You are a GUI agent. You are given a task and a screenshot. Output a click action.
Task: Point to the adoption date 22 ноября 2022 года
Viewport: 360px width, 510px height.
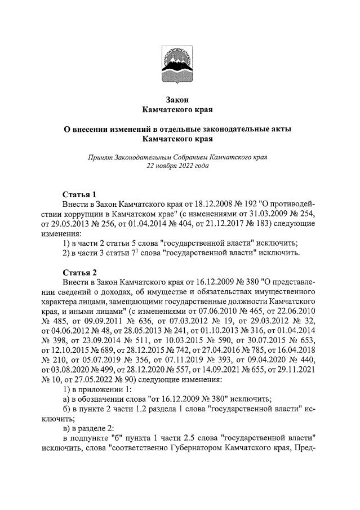coord(177,166)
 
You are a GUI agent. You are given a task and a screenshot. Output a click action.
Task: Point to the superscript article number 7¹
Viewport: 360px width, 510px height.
coord(146,253)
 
